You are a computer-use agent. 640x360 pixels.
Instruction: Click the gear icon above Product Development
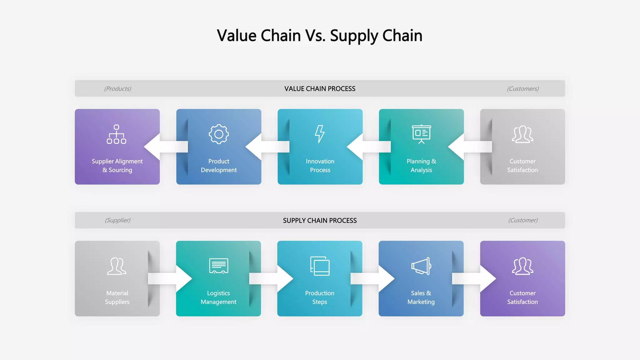[x=219, y=134]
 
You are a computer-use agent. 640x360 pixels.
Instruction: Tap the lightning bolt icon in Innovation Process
[x=320, y=134]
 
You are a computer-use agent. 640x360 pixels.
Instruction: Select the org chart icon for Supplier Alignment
[x=117, y=134]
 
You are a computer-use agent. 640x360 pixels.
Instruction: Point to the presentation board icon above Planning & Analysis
[x=421, y=134]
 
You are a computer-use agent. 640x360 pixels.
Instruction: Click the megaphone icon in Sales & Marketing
[x=421, y=266]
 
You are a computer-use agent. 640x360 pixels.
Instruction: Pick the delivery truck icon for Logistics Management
[x=219, y=266]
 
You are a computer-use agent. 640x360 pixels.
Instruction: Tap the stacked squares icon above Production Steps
[x=320, y=266]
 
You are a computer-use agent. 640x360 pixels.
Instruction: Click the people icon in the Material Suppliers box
[x=117, y=266]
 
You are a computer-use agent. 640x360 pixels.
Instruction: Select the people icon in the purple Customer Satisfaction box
[x=522, y=266]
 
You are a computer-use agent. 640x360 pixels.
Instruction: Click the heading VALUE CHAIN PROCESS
[x=320, y=89]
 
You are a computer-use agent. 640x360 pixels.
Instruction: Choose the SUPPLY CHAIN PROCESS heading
[x=320, y=221]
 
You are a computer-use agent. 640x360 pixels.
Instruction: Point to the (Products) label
[x=117, y=89]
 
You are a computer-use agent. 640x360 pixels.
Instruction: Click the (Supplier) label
[x=117, y=220]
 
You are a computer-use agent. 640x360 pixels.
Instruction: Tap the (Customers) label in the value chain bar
[x=523, y=89]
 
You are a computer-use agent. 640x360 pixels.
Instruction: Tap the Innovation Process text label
[x=320, y=166]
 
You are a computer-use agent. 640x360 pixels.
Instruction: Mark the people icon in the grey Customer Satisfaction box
[x=522, y=134]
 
